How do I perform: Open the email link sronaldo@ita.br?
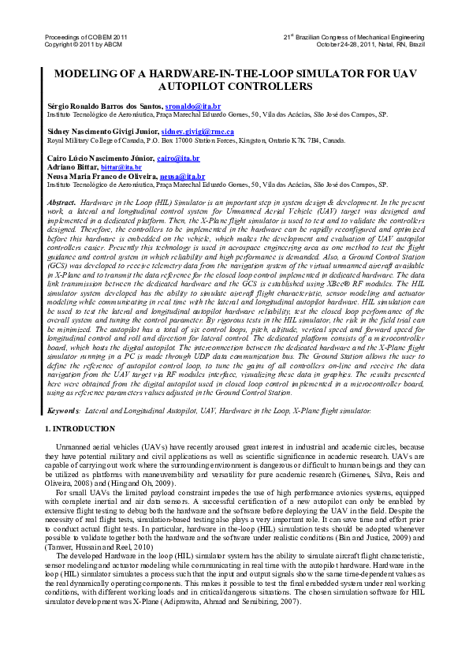193,106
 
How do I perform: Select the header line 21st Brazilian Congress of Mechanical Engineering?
354,37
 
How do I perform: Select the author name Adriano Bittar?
73,167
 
